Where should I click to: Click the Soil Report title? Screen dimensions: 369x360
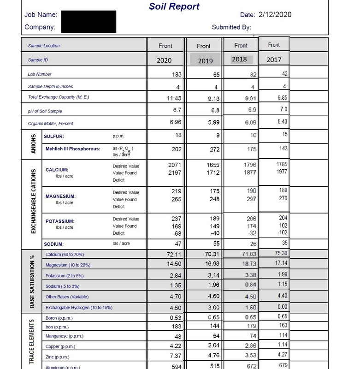175,6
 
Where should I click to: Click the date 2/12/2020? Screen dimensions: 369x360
275,14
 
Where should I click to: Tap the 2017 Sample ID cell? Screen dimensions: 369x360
273,60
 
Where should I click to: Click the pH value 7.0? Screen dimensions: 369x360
284,109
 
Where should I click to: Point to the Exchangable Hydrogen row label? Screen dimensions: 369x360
79,307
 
